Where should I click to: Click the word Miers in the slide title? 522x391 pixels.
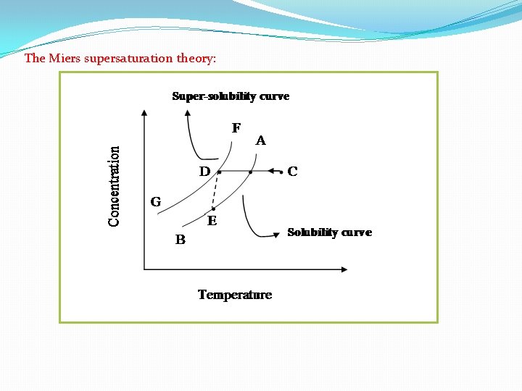[65, 58]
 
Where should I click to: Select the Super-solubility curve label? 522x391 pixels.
[230, 96]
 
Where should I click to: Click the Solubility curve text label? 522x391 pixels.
[329, 232]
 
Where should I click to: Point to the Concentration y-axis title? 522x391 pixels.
[115, 185]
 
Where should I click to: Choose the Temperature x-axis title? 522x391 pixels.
[235, 295]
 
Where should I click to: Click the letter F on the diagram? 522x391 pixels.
[236, 128]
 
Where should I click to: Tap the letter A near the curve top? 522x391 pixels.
[260, 141]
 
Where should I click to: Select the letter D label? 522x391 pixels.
[204, 172]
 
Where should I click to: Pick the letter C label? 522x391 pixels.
[292, 172]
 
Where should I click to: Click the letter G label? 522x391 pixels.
[155, 201]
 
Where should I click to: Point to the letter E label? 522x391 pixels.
[212, 221]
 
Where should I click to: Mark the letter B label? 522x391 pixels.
[180, 240]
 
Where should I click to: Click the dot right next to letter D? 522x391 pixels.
[219, 172]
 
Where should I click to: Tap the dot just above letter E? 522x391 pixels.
[213, 209]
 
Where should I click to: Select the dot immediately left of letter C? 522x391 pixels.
[281, 172]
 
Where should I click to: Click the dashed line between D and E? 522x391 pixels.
[215, 190]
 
